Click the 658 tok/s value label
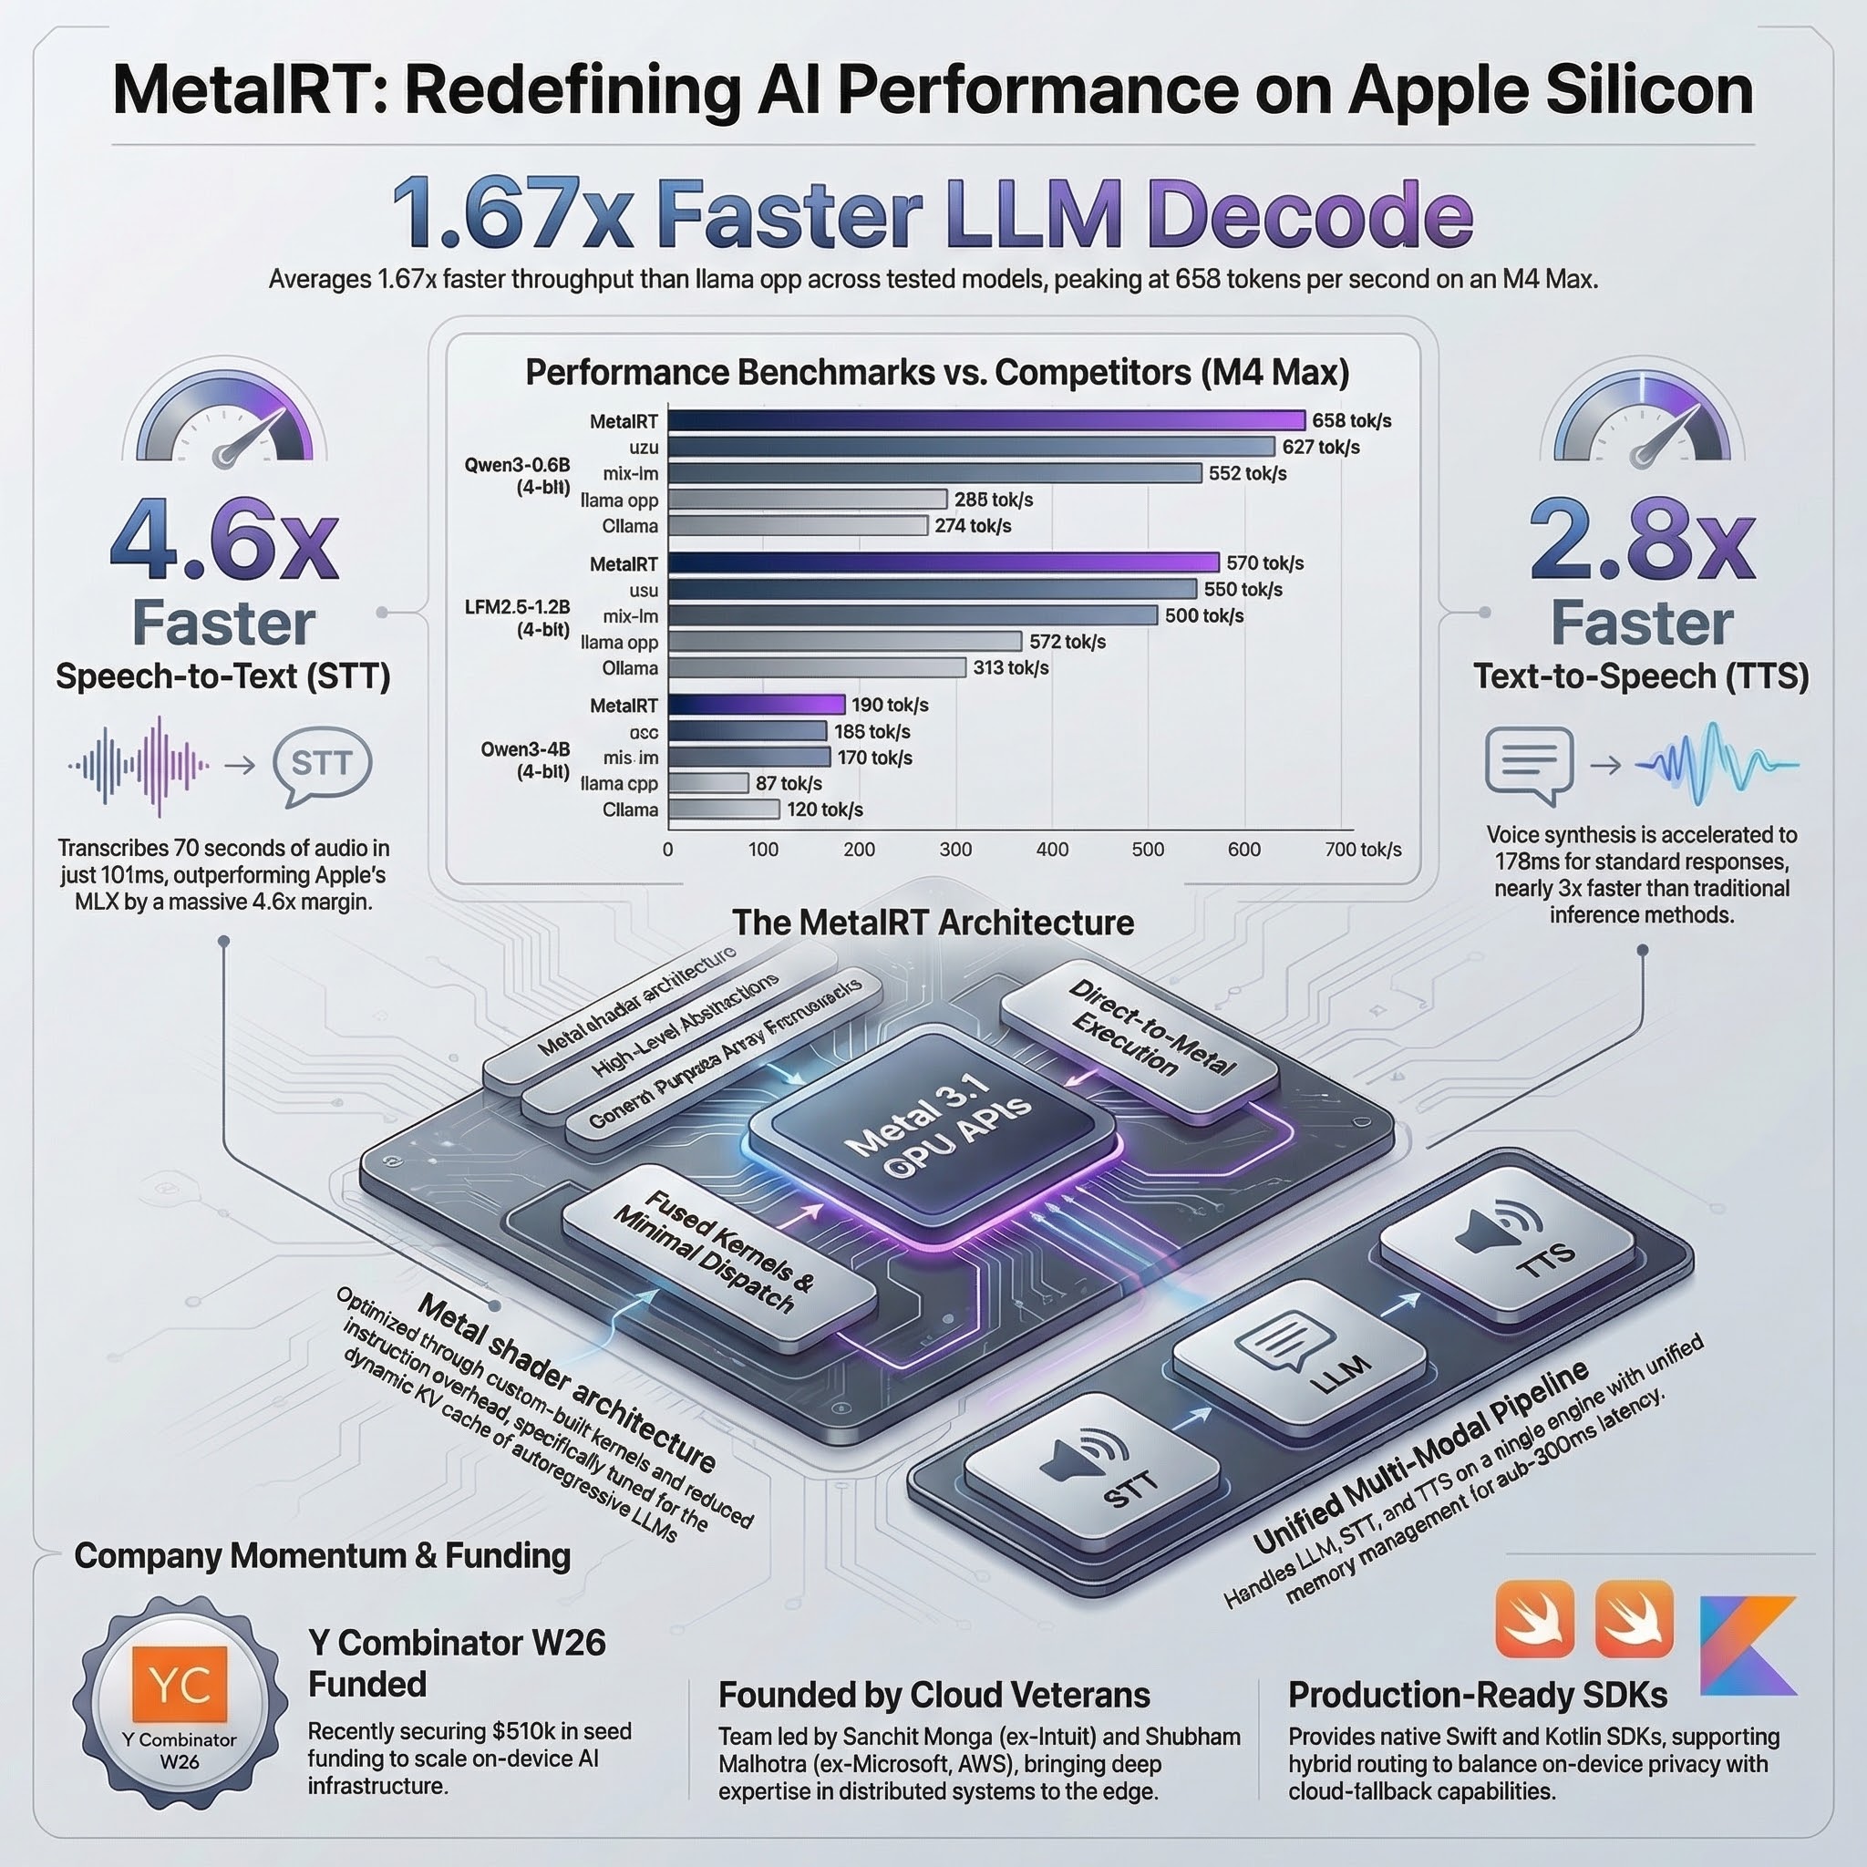(1351, 420)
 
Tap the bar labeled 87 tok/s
(708, 783)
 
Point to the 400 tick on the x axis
(1051, 850)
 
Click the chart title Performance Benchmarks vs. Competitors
(936, 372)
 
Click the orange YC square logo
(181, 1685)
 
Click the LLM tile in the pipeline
(1300, 1356)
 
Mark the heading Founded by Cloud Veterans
(933, 1695)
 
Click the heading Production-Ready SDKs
(1477, 1695)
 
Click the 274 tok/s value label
(972, 526)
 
